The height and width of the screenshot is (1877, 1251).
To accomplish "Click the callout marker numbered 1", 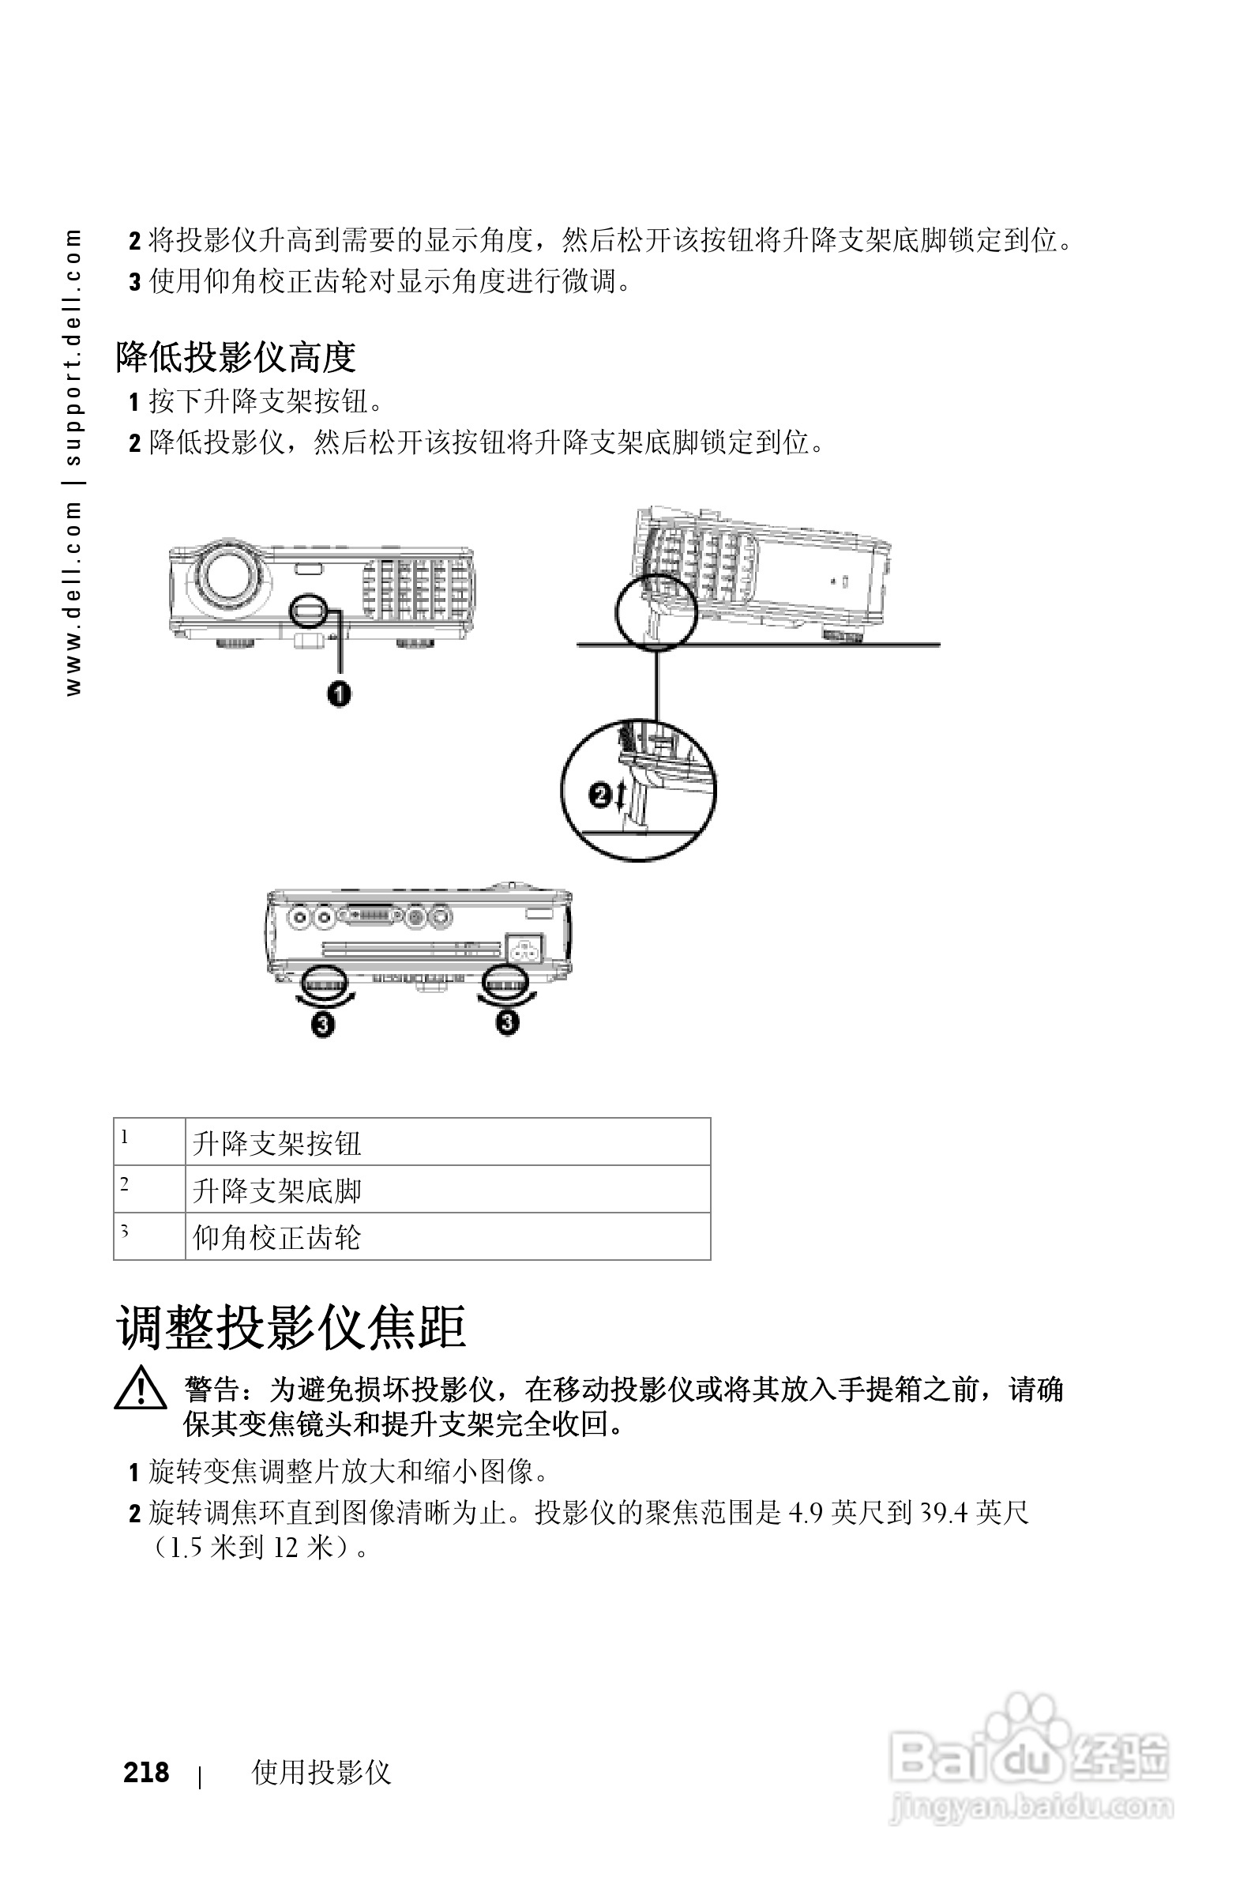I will [x=339, y=694].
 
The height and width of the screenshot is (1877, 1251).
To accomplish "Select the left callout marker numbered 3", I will [x=322, y=1023].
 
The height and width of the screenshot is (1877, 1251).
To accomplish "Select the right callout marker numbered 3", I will [x=507, y=1021].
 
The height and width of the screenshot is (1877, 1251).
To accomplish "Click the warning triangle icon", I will [x=141, y=1390].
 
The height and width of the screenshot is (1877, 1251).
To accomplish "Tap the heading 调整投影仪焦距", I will [x=291, y=1327].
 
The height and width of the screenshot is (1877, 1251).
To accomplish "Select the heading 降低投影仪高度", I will [x=235, y=357].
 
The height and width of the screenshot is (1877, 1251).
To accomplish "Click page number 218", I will [x=146, y=1772].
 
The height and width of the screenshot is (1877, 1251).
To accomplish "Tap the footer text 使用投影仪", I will [x=321, y=1772].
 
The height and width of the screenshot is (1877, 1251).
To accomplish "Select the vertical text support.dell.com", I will [x=73, y=347].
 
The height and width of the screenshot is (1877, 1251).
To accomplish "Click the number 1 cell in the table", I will [x=149, y=1142].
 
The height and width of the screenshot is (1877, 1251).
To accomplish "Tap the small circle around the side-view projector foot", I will [x=656, y=612].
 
